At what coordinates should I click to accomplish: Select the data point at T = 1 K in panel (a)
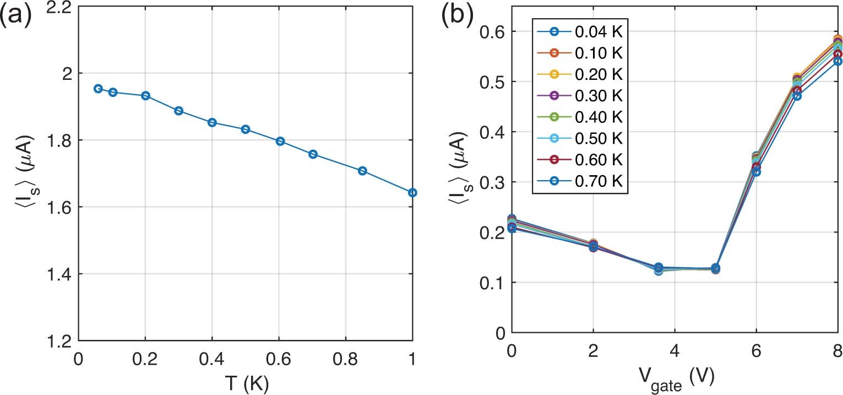(x=412, y=192)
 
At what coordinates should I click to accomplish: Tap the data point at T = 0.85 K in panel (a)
(x=362, y=171)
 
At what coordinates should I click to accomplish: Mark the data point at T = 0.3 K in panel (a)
(x=178, y=111)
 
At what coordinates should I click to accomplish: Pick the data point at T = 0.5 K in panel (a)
(x=246, y=129)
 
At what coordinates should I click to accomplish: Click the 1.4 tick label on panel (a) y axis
(x=57, y=274)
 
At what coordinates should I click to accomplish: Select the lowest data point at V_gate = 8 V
(x=838, y=61)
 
